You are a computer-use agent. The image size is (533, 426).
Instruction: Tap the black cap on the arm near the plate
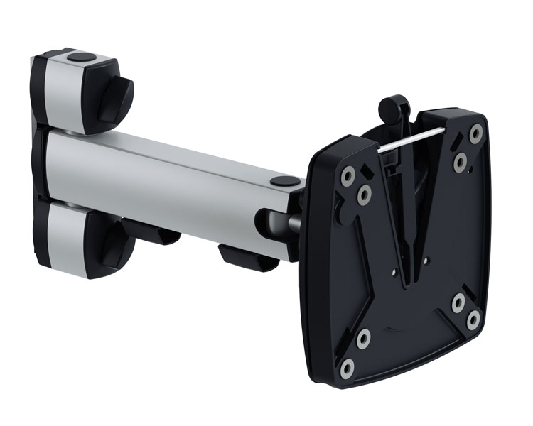[283, 182]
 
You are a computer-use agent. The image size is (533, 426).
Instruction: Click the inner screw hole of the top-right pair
[461, 163]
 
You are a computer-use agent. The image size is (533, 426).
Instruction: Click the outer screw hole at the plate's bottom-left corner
[347, 368]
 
